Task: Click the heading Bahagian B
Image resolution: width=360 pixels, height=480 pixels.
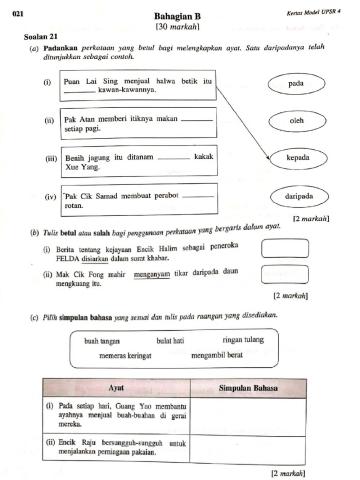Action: pyautogui.click(x=181, y=17)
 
